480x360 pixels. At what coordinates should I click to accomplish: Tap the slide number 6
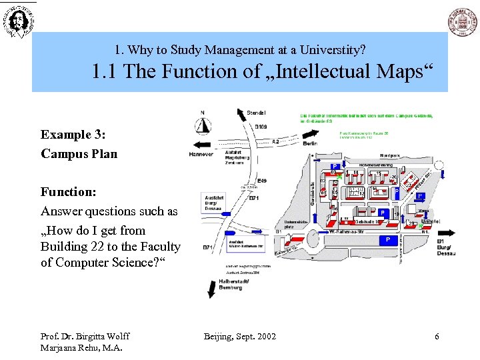[437, 337]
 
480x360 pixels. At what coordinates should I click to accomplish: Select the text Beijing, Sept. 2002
[239, 336]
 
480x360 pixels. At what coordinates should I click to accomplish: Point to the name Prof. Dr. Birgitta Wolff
[85, 336]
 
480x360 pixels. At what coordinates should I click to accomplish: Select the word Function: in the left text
[69, 192]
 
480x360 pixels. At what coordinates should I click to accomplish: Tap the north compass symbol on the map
[203, 124]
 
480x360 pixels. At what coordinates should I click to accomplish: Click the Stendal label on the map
[256, 113]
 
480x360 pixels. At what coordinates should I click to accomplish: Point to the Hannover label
[201, 154]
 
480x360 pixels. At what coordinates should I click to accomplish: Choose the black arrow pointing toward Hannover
[200, 144]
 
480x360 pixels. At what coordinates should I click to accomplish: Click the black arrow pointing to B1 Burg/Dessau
[445, 233]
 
